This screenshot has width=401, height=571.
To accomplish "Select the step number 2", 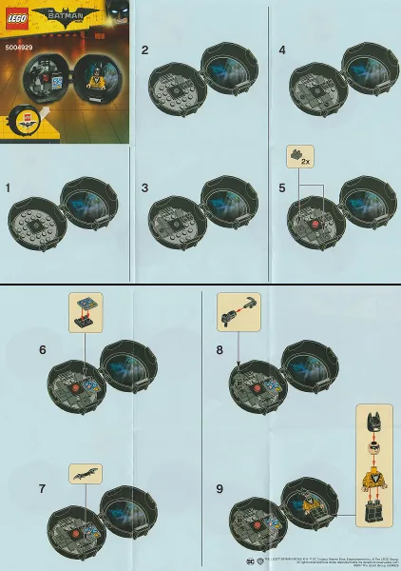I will click(145, 49).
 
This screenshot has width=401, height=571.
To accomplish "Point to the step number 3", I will click(145, 188).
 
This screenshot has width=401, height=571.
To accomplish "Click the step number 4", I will click(282, 49).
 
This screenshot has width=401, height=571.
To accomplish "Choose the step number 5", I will click(282, 188).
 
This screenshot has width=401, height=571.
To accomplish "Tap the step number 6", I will click(43, 349).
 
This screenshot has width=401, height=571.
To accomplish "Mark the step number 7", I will click(43, 488).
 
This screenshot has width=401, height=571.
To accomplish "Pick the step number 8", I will click(220, 349).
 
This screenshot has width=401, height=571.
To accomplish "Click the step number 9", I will click(220, 488).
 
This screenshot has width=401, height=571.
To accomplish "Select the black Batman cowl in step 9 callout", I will click(373, 418).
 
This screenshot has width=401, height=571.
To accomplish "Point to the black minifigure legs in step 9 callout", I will click(373, 514).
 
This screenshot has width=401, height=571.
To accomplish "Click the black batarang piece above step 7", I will click(83, 472).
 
